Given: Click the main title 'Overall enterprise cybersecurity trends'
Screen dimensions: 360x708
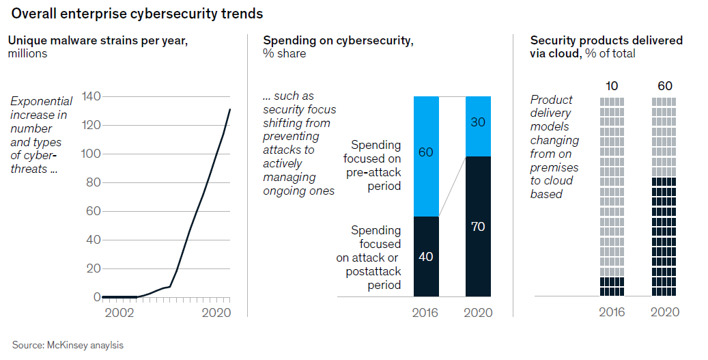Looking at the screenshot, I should click(x=137, y=14).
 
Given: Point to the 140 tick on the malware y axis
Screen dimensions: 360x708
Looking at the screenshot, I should click(x=91, y=96).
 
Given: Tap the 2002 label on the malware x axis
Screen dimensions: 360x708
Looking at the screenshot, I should click(x=119, y=312).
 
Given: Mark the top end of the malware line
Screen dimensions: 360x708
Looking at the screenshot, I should click(x=230, y=109).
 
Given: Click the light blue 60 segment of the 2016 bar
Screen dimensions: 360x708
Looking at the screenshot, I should click(x=426, y=156).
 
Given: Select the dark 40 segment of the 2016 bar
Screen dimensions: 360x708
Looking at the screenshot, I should click(x=426, y=257).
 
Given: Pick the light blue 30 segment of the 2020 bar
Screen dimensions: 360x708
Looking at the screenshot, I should click(x=478, y=126).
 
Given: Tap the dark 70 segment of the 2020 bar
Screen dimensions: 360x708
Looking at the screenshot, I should click(x=478, y=226).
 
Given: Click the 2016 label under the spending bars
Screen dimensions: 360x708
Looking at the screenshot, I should click(x=426, y=312).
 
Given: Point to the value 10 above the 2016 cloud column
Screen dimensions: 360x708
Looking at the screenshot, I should click(x=612, y=85).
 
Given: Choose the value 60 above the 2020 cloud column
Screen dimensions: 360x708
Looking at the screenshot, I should click(x=664, y=85).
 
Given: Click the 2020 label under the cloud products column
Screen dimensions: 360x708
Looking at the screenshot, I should click(x=664, y=312).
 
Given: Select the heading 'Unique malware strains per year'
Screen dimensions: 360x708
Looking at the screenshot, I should click(x=98, y=40).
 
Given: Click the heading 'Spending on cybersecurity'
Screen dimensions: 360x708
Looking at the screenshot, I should click(x=338, y=40).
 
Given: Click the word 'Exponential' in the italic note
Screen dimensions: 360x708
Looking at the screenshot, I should click(x=41, y=101).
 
